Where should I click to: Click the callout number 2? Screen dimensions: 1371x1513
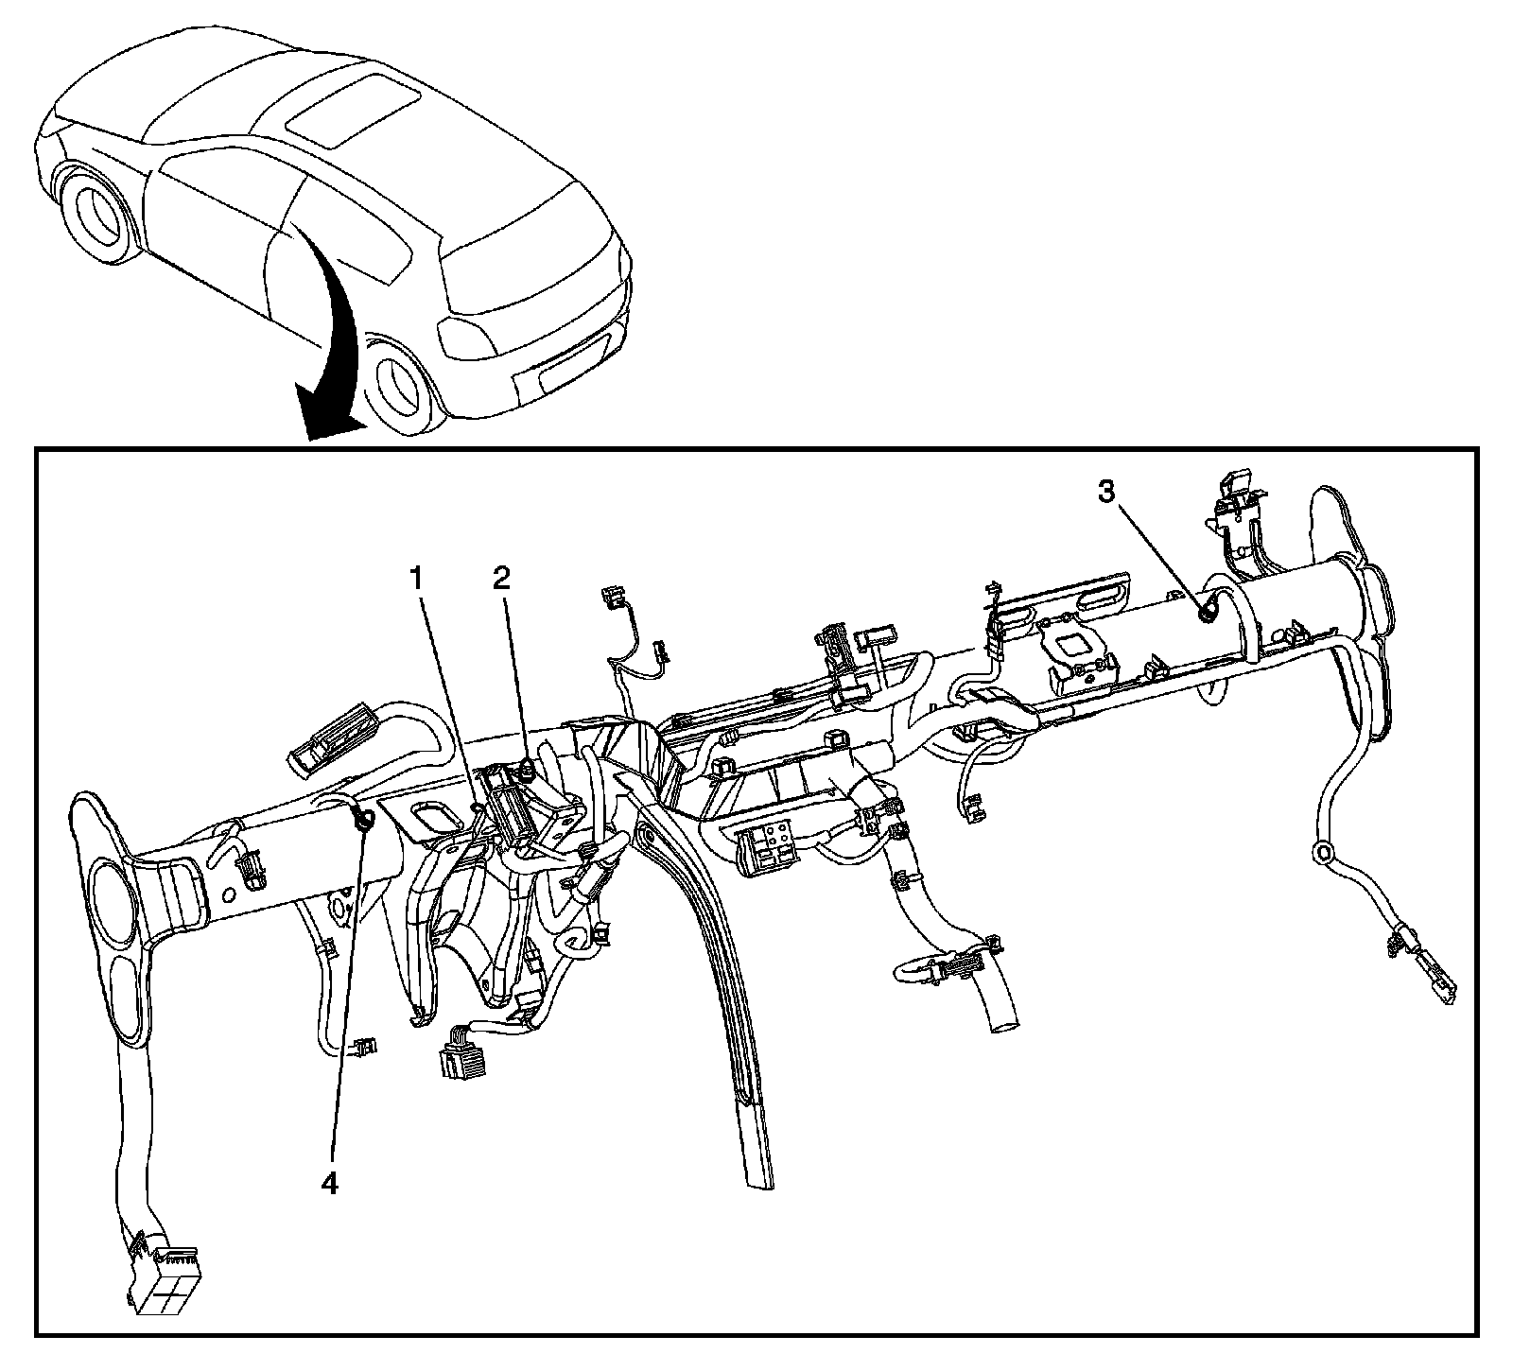(x=501, y=577)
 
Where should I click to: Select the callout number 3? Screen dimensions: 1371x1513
(x=1106, y=491)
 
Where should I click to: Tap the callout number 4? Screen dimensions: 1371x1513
(x=328, y=1183)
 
